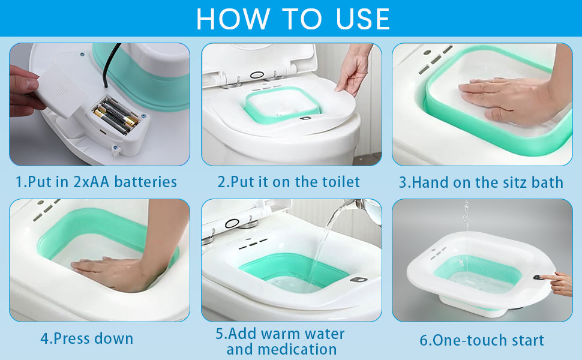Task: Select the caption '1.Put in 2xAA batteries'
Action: pyautogui.click(x=97, y=182)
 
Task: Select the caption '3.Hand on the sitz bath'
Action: pyautogui.click(x=481, y=182)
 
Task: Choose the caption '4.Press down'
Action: pyautogui.click(x=87, y=338)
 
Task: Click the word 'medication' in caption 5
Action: pyautogui.click(x=281, y=349)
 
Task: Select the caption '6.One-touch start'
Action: pyautogui.click(x=482, y=340)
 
